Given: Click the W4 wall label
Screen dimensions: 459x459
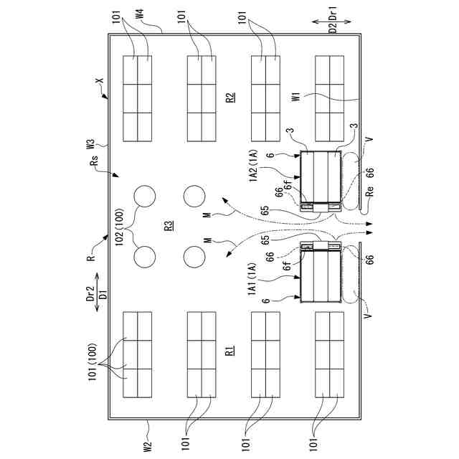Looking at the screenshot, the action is point(141,14).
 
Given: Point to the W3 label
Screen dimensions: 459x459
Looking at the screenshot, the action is point(90,144).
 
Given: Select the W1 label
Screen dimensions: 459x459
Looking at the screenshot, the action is point(296,97).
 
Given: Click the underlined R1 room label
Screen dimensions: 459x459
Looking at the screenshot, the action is point(231,350).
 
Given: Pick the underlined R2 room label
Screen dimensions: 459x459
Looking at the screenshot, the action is point(231,97).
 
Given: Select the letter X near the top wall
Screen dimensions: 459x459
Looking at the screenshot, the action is point(100,81).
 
